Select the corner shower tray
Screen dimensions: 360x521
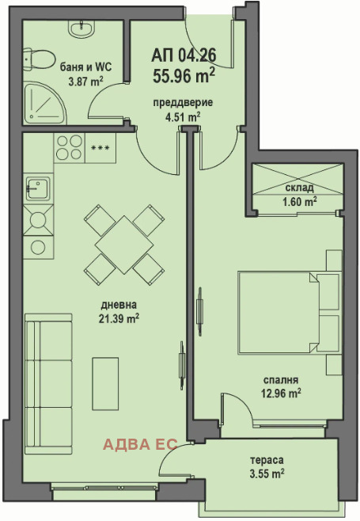click(44, 102)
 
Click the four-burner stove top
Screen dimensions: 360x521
click(70, 147)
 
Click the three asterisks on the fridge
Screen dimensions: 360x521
click(100, 148)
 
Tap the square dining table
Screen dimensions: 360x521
click(124, 245)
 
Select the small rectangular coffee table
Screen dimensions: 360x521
click(105, 384)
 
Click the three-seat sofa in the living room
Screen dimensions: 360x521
click(48, 384)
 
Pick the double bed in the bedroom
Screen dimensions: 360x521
click(290, 312)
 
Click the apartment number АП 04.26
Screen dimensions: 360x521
click(184, 55)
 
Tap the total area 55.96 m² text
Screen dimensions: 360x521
click(184, 75)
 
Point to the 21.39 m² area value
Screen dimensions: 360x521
click(119, 318)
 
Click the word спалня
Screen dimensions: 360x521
click(281, 380)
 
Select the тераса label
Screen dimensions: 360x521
click(267, 460)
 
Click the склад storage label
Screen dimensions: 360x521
click(299, 188)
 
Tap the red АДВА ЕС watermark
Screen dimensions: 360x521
click(140, 444)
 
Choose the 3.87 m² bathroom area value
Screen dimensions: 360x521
click(85, 81)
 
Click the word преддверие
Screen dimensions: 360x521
click(183, 103)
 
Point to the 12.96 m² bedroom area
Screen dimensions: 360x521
click(281, 394)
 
